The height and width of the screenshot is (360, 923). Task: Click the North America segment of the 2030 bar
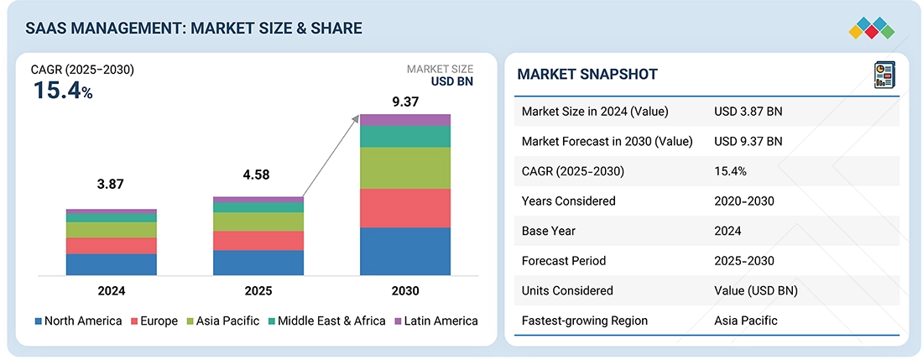coord(405,251)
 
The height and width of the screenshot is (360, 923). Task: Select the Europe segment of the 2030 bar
coord(405,208)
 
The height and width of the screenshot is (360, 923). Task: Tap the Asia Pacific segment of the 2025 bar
coord(258,222)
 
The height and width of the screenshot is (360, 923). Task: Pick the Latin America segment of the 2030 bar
coord(405,120)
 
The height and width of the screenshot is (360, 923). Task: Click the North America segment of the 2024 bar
coord(112,264)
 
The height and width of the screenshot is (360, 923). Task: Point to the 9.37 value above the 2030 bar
coord(405,102)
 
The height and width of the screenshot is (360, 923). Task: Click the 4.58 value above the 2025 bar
coord(258,175)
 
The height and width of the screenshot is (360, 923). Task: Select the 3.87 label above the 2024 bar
coord(112,185)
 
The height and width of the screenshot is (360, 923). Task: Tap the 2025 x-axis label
coord(258,291)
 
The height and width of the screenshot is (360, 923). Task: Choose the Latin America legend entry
coord(435,321)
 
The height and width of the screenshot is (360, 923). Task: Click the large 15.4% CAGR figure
coord(62,91)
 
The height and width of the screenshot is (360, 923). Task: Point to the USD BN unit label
coord(451,81)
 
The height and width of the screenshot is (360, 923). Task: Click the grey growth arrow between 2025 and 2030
coord(331,156)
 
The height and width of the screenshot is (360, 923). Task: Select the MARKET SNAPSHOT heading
coord(587,74)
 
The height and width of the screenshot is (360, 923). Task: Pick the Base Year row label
coord(550,231)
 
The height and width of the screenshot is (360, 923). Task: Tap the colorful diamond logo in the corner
coord(871,29)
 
